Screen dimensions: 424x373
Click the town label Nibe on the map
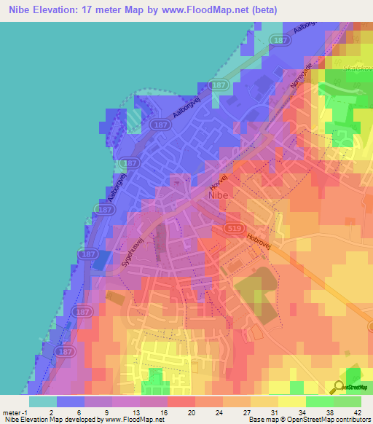pyautogui.click(x=221, y=195)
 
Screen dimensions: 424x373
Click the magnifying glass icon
pyautogui.click(x=340, y=388)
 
